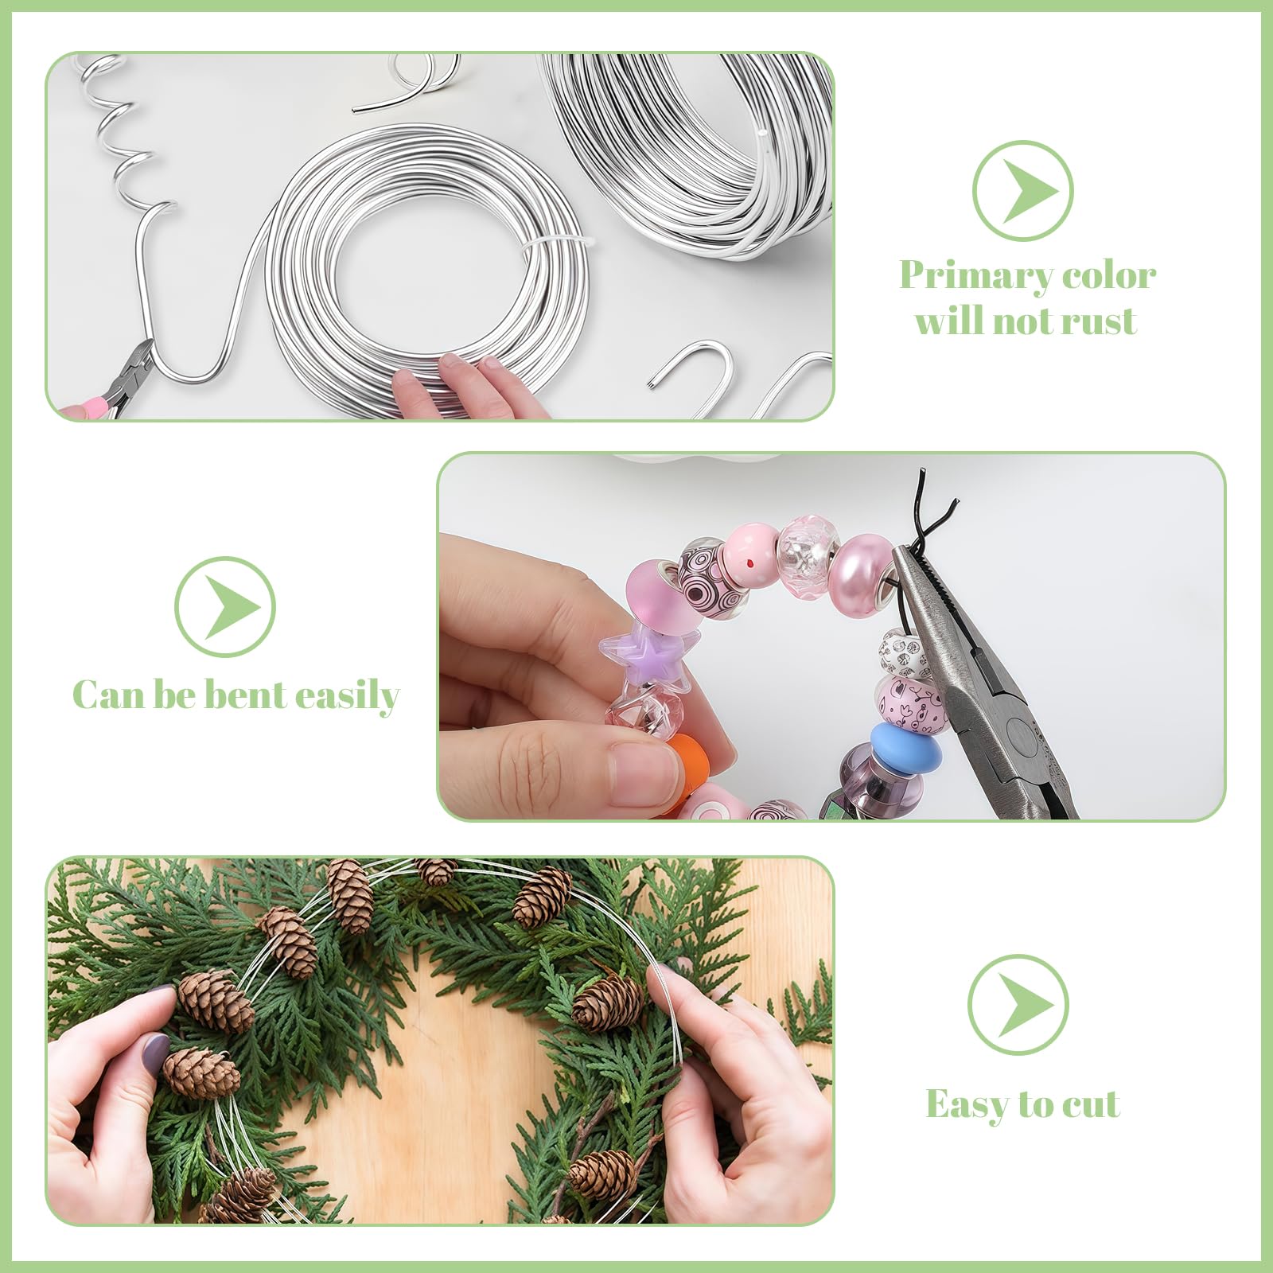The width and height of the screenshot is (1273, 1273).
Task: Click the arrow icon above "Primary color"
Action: [1023, 191]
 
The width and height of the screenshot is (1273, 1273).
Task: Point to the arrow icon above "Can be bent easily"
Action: [225, 606]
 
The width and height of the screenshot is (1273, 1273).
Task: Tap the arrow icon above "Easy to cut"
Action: [1018, 1005]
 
